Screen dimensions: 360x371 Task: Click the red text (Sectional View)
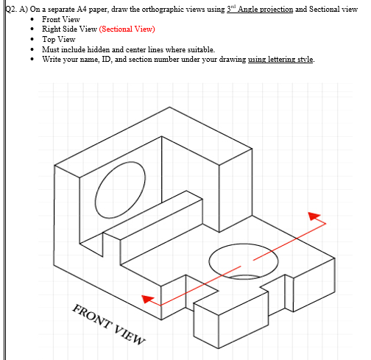(127, 29)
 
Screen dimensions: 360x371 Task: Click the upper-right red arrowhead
(316, 216)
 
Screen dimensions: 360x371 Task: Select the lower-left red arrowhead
(149, 298)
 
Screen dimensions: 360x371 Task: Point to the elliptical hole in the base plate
(244, 261)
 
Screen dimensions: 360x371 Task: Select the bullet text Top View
(60, 39)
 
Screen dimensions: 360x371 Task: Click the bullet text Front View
(62, 18)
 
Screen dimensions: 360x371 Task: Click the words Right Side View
(69, 29)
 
